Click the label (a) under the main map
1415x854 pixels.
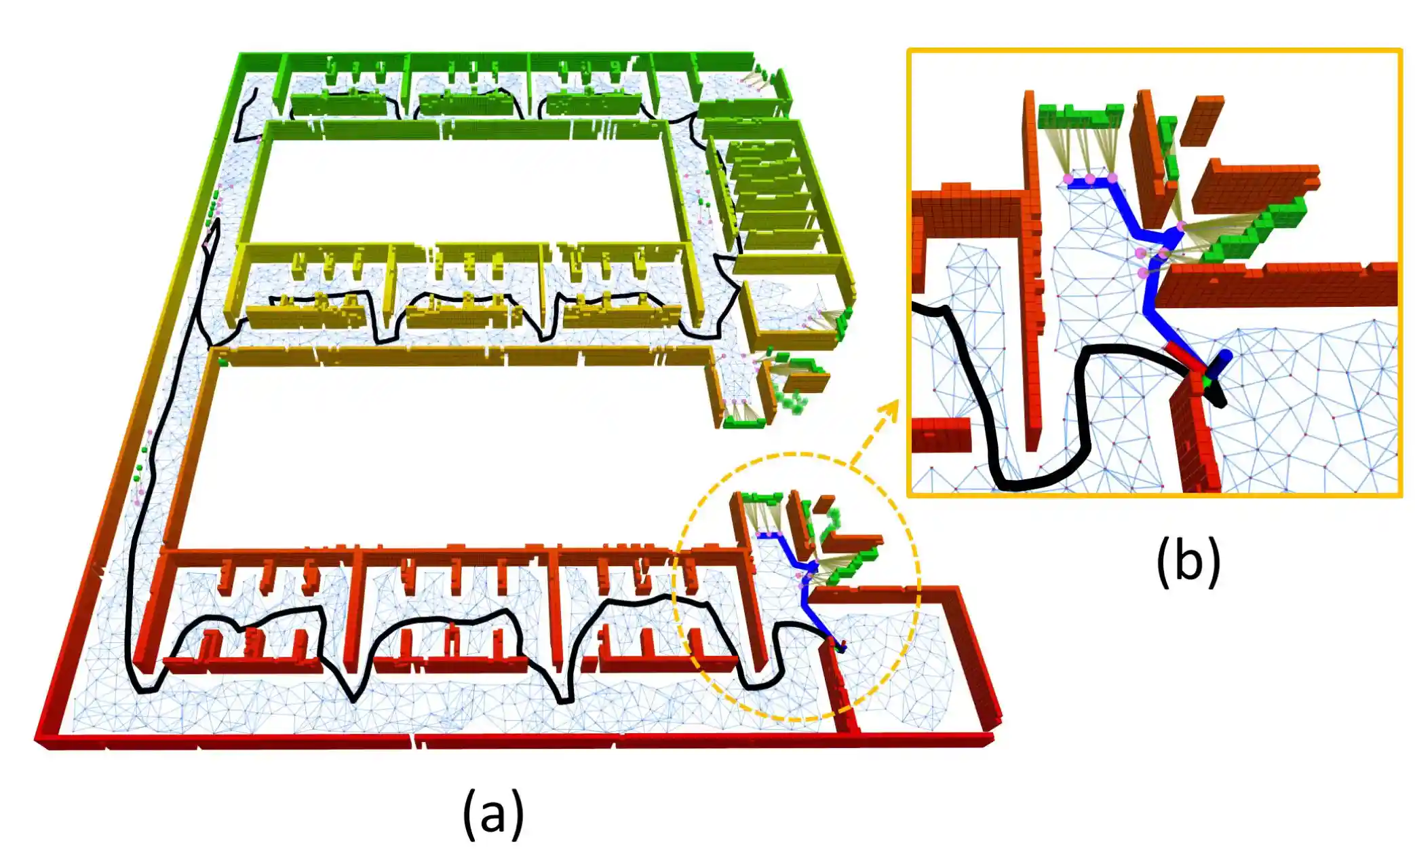tap(493, 812)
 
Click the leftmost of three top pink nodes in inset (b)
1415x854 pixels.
tap(1068, 179)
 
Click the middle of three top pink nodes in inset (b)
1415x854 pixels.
tap(1090, 179)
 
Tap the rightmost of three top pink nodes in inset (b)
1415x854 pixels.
tap(1112, 179)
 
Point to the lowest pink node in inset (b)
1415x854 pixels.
tap(1144, 273)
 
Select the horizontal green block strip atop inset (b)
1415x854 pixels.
tap(1080, 115)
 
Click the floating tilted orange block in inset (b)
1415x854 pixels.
tap(1202, 119)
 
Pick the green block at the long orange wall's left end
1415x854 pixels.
tap(222, 360)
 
